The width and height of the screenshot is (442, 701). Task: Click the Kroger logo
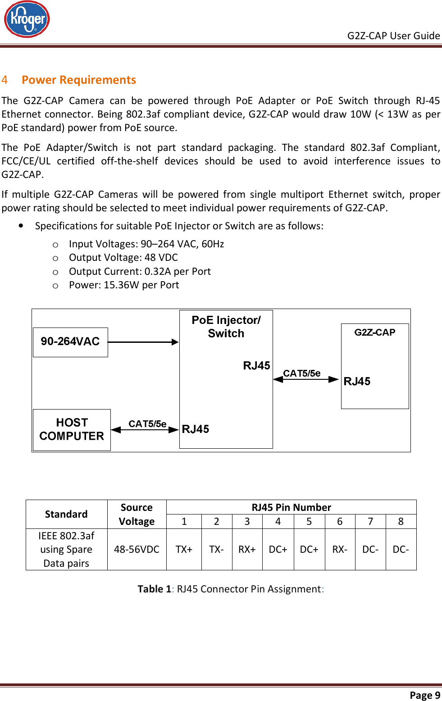[27, 19]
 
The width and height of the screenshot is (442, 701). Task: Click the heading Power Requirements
[79, 80]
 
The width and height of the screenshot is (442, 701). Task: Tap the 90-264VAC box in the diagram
[70, 342]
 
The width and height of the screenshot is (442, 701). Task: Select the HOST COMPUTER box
[72, 429]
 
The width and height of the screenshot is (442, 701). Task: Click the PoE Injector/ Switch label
[226, 327]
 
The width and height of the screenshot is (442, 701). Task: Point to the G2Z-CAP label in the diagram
[374, 332]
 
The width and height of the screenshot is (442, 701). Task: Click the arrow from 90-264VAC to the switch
[143, 342]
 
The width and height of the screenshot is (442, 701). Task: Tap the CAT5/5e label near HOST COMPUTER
[147, 423]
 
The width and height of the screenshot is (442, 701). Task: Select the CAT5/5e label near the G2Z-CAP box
[301, 373]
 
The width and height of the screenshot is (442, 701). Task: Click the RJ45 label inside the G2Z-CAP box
[357, 382]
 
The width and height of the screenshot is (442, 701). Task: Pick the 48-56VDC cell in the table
[137, 550]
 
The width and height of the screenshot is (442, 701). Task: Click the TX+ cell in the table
[184, 550]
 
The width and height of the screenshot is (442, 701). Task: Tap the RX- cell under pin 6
[340, 550]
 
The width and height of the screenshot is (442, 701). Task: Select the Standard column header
[66, 514]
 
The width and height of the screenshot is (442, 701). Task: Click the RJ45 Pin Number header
[291, 507]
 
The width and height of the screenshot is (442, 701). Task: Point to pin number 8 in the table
[401, 522]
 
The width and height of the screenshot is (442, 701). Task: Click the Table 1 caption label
[154, 589]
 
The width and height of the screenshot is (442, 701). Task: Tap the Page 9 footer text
[424, 695]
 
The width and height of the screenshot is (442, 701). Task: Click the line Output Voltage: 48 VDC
[123, 257]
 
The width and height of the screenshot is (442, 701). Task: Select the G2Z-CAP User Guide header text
[393, 36]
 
